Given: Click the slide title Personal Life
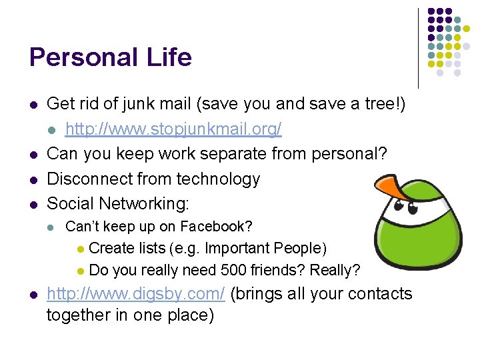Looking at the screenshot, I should click(x=110, y=57).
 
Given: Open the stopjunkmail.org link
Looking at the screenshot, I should click(x=173, y=129).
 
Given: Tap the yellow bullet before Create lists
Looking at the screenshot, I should click(x=80, y=249).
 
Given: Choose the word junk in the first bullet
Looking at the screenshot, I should click(x=139, y=104).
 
